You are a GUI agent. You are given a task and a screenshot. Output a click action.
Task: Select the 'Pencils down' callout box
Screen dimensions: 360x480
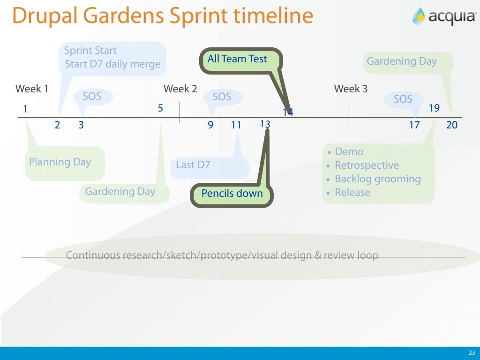click(x=232, y=194)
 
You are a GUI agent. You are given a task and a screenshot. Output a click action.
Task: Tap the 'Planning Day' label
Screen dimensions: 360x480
click(x=60, y=162)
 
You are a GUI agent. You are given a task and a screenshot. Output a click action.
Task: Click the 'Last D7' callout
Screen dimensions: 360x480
click(x=193, y=165)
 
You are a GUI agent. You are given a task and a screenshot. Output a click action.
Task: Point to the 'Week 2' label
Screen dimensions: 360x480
click(x=180, y=89)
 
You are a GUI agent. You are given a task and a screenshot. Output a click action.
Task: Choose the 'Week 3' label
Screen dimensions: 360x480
click(x=351, y=89)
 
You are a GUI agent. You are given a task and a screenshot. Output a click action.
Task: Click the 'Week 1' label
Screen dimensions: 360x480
click(x=32, y=89)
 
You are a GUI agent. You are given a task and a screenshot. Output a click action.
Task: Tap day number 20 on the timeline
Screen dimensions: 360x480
click(x=451, y=125)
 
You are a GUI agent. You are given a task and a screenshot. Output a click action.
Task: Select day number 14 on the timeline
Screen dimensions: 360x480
click(x=288, y=112)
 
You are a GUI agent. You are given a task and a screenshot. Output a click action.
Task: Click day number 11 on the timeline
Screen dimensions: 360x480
click(x=236, y=125)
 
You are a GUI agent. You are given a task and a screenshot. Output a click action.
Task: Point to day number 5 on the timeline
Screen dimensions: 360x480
click(x=160, y=108)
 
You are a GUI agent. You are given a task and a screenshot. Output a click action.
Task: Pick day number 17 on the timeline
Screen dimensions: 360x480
click(x=414, y=125)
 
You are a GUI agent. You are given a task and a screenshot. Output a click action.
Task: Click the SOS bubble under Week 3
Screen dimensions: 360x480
click(x=403, y=99)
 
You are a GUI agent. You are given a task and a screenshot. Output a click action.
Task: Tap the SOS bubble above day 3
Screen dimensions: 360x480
click(x=92, y=97)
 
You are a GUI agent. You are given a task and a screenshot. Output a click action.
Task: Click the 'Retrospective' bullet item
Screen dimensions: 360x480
click(x=367, y=165)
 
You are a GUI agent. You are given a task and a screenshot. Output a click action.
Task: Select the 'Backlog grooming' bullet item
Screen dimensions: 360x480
click(x=377, y=179)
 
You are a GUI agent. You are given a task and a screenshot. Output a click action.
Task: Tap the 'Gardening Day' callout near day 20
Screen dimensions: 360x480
click(x=402, y=61)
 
